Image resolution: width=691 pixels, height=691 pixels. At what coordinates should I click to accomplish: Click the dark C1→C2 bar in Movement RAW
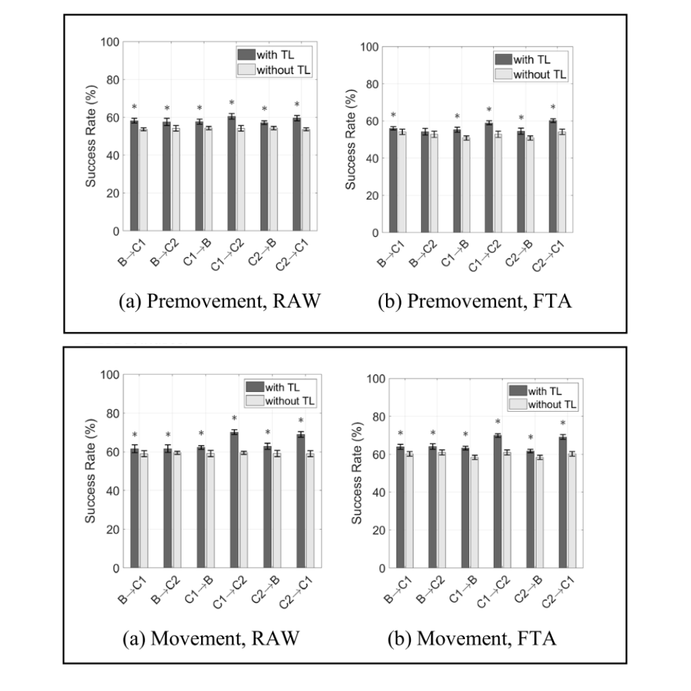coord(233,500)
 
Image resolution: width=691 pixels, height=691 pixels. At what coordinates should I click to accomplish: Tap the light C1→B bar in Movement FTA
coord(474,513)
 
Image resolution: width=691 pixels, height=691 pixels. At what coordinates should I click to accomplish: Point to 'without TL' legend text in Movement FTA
coord(553,404)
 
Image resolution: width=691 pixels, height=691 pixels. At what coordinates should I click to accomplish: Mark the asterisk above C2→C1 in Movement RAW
coord(300,421)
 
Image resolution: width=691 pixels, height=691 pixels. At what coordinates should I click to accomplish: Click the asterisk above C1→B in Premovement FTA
coord(457,117)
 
